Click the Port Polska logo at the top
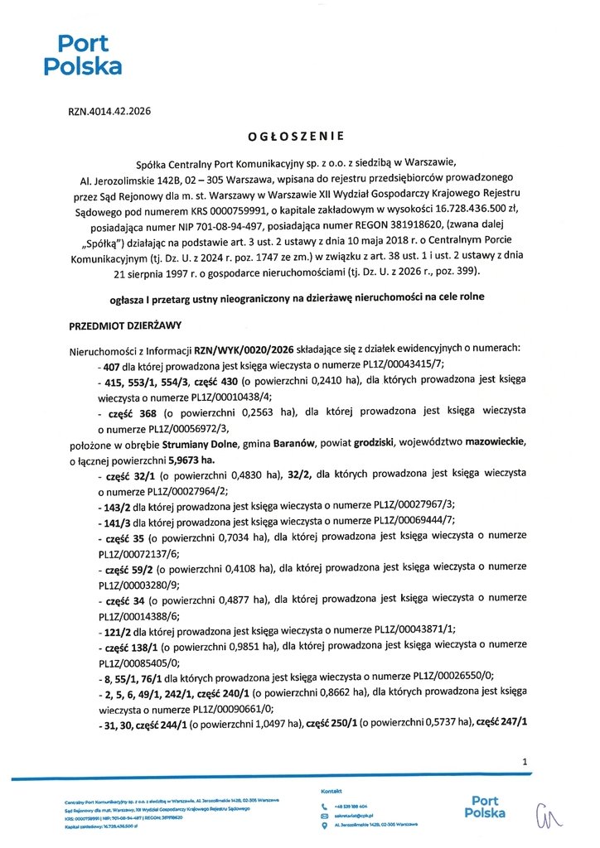(82, 55)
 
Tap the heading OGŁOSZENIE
(295, 134)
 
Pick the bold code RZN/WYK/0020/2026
(240, 349)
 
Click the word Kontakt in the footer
(332, 792)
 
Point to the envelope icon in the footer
(325, 816)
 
